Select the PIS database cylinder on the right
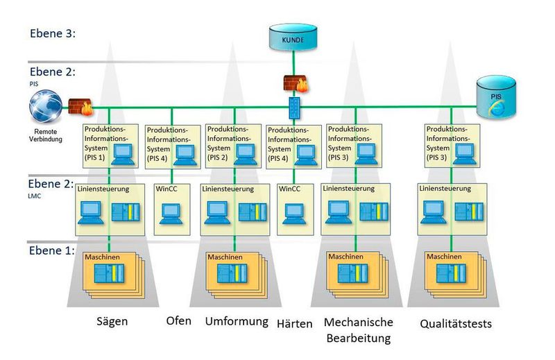coord(499,96)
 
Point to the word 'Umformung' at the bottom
coord(237,322)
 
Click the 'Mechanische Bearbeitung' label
coord(358,330)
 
